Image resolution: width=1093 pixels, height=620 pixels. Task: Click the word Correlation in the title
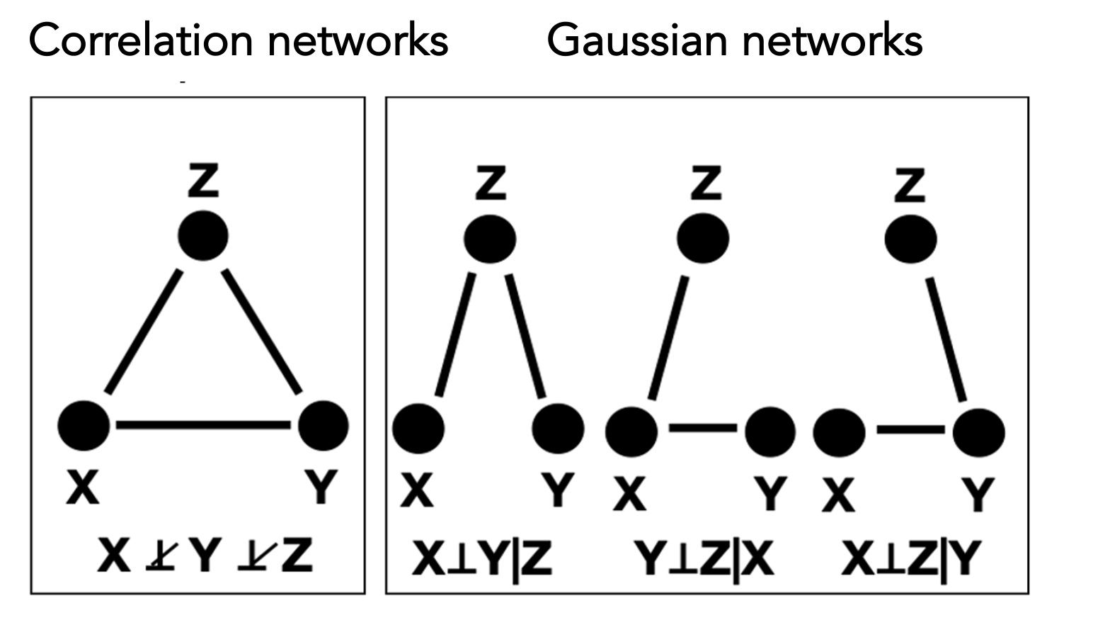[141, 40]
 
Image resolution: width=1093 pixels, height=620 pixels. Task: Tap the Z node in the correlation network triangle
[203, 235]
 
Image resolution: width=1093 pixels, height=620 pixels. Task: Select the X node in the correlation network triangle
[84, 426]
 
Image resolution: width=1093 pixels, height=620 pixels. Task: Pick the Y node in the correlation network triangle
[323, 426]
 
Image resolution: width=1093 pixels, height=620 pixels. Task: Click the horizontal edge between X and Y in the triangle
[203, 424]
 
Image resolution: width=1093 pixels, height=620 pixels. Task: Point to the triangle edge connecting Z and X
[144, 332]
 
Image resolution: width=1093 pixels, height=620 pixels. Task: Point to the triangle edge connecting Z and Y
[262, 332]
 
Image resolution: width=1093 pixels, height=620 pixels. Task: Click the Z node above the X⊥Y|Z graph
[490, 239]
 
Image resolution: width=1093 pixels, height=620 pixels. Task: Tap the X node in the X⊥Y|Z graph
[418, 429]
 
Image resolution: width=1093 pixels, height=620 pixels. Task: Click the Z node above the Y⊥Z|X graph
[703, 238]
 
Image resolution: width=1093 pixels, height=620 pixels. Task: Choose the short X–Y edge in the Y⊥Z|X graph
[703, 428]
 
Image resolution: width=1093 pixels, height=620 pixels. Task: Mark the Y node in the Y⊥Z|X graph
[770, 432]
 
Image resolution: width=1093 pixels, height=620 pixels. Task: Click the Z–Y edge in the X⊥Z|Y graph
[946, 339]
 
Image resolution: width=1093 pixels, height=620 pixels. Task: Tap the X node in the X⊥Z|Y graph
[840, 433]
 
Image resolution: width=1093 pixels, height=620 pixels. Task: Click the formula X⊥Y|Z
[482, 559]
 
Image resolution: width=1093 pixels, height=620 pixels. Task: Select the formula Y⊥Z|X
[703, 559]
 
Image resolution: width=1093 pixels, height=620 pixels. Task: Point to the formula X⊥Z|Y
[910, 559]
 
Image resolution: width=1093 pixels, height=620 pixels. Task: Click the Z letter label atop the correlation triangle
[203, 180]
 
